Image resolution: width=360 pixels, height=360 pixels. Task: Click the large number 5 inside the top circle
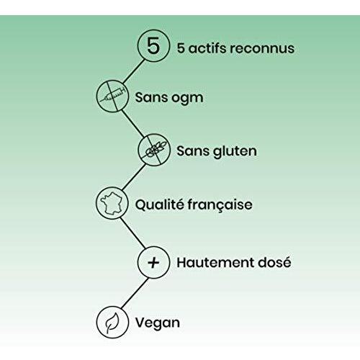(x=153, y=45)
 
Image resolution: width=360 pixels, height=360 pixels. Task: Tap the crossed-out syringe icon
(x=112, y=96)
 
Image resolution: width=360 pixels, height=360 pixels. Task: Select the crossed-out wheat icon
(x=154, y=150)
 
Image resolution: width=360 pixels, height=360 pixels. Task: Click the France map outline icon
(x=112, y=203)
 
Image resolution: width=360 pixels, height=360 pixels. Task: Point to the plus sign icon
(x=153, y=262)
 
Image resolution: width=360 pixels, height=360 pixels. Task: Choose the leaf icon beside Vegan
(x=112, y=323)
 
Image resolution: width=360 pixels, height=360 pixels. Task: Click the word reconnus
(x=262, y=48)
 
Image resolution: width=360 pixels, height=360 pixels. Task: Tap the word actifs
(x=207, y=48)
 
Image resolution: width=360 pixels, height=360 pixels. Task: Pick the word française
(x=220, y=205)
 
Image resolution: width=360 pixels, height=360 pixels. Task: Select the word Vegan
(x=158, y=323)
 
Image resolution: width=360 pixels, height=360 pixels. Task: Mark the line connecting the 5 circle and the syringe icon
(x=134, y=71)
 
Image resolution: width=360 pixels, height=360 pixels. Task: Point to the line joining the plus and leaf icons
(x=135, y=293)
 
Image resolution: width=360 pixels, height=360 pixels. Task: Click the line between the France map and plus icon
(x=133, y=233)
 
